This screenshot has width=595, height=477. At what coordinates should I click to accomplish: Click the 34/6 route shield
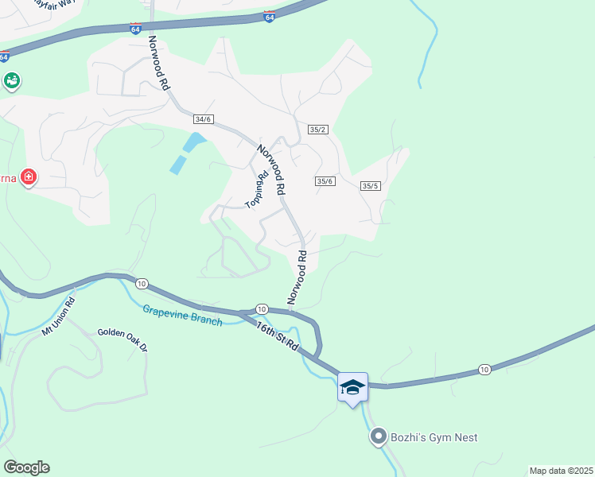204,119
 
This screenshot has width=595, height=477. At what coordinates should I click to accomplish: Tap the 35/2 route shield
318,130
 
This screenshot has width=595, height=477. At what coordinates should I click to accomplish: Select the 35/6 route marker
325,181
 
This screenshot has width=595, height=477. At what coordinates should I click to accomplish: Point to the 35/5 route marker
370,186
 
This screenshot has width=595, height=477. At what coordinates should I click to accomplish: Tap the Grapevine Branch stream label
183,316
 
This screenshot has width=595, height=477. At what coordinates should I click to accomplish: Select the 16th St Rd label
277,334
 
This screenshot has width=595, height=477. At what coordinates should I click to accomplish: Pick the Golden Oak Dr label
123,340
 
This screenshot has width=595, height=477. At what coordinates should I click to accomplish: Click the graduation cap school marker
352,387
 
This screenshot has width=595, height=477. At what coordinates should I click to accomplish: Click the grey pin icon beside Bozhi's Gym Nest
379,436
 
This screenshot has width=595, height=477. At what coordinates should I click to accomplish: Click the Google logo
26,467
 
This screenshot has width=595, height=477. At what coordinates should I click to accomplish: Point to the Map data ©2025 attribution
561,471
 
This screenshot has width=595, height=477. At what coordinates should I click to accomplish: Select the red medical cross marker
29,176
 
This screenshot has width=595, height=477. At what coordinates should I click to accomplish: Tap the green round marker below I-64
11,80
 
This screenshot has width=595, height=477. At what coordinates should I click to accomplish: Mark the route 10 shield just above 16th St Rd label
261,308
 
